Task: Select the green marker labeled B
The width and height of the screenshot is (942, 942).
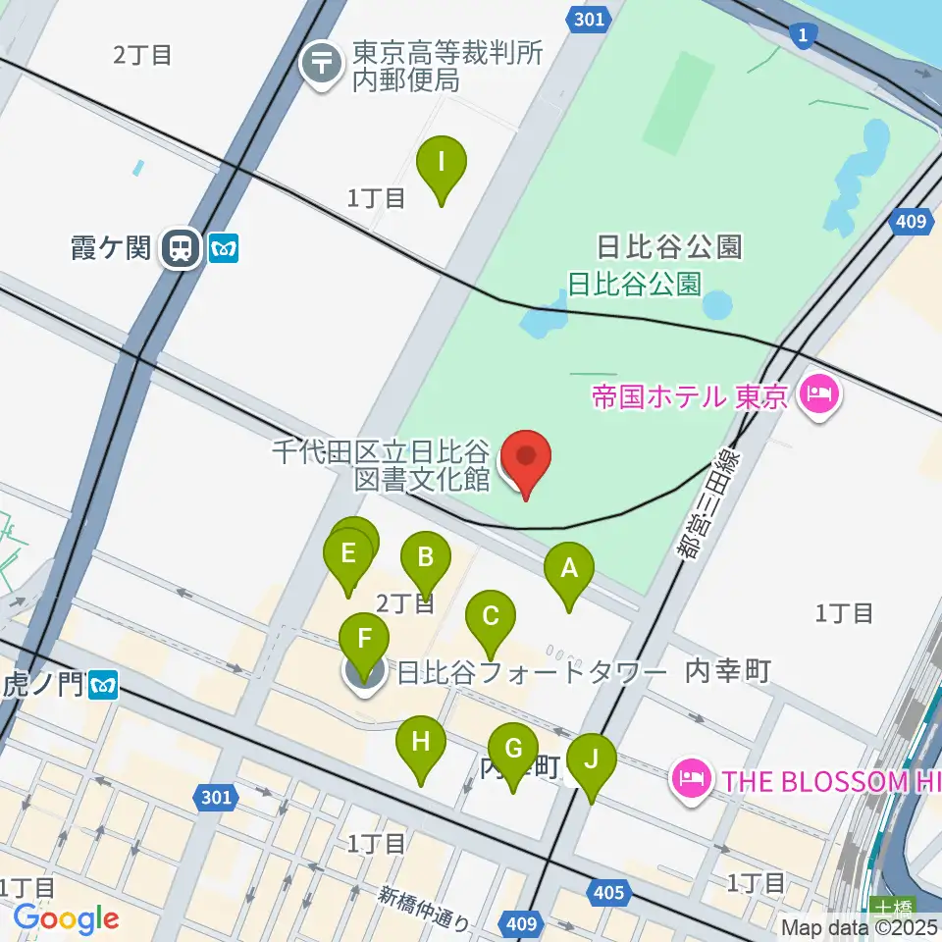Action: (x=425, y=560)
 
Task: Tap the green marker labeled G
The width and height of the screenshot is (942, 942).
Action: (x=512, y=752)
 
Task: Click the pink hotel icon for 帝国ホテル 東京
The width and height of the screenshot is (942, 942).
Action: (x=816, y=395)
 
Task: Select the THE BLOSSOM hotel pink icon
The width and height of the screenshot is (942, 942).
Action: (x=689, y=780)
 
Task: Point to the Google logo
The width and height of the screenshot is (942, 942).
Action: (x=66, y=918)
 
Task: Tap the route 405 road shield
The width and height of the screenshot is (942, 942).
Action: (x=608, y=892)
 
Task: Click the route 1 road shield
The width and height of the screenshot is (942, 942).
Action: (x=805, y=35)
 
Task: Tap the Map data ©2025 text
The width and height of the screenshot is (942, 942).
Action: (x=860, y=926)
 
